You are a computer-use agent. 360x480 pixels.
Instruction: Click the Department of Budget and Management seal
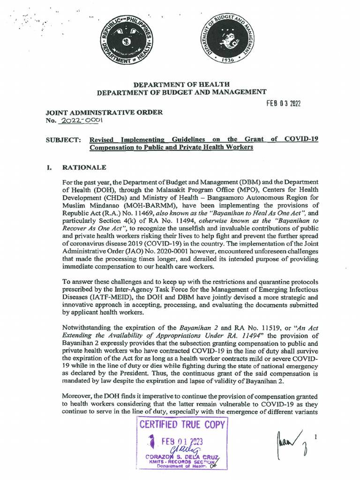[x=229, y=41]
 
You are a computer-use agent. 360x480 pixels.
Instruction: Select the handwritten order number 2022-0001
[x=82, y=120]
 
